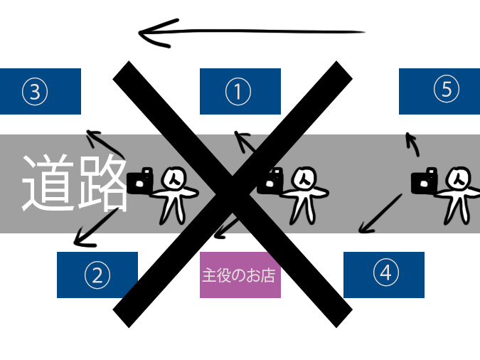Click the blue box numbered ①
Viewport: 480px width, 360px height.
240,91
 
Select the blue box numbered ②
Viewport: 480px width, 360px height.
97,275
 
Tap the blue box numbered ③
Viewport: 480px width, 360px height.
40,91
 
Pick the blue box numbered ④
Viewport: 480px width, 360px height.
384,275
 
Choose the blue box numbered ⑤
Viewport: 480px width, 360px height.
439,91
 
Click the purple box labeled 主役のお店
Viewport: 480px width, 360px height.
240,275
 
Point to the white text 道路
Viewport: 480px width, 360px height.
74,184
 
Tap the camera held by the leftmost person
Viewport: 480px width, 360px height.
139,181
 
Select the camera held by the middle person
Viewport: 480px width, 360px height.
270,181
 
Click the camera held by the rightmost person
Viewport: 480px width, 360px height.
425,181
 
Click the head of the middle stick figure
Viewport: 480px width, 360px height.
304,177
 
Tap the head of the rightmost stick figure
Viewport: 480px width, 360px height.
459,177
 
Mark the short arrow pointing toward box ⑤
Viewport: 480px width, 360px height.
412,144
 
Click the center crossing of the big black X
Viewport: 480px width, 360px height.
233,194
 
